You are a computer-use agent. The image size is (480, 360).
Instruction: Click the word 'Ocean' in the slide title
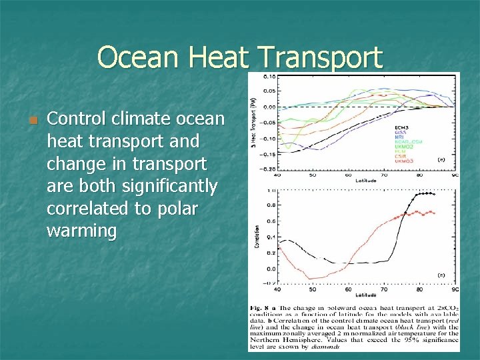[x=139, y=58]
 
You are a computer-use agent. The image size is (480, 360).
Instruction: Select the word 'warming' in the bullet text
[x=82, y=231]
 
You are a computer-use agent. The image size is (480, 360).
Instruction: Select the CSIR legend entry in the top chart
[x=401, y=156]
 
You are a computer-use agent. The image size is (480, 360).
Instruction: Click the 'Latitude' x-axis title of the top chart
[x=365, y=181]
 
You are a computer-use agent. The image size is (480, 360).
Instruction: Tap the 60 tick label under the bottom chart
[x=348, y=290]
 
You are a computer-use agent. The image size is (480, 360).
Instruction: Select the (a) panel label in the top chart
[x=441, y=160]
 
